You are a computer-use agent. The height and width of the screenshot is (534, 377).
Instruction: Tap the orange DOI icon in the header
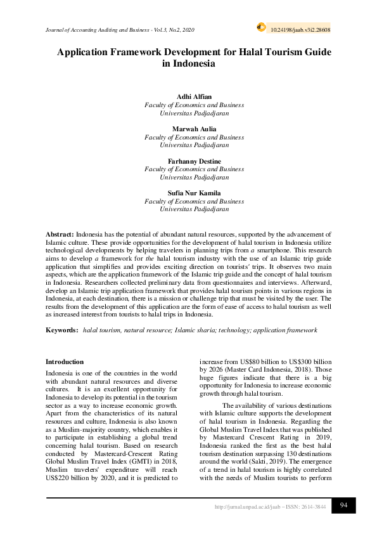coord(260,27)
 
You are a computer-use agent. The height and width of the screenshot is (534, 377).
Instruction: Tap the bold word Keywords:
coord(62,330)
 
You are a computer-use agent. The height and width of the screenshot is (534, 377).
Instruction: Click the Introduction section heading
coord(65,361)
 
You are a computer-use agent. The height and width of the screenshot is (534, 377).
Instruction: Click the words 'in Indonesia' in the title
coord(189,64)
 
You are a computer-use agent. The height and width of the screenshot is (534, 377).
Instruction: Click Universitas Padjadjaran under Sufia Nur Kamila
coord(194,209)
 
